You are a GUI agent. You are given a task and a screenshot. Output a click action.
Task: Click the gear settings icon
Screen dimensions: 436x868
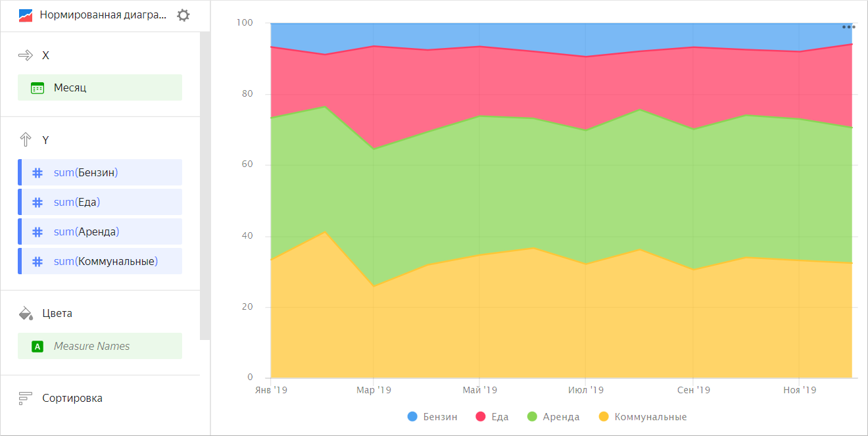pos(183,15)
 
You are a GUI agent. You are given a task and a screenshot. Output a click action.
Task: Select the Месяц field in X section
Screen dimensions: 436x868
pos(100,87)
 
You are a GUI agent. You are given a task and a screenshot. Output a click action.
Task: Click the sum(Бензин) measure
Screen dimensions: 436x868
pos(100,172)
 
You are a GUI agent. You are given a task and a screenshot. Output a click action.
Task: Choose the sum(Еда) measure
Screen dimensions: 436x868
pos(100,202)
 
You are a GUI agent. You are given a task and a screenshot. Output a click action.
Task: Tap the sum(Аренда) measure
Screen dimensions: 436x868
pos(100,231)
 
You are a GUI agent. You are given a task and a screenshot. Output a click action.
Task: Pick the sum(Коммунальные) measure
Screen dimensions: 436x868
pos(100,261)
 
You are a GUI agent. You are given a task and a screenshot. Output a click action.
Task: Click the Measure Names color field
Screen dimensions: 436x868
pos(100,346)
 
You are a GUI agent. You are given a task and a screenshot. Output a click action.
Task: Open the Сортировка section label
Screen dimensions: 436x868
pos(72,398)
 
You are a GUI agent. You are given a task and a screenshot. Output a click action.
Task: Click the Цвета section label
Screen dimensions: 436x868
pos(57,313)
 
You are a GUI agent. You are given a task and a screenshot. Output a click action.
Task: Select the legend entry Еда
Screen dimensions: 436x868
pos(495,416)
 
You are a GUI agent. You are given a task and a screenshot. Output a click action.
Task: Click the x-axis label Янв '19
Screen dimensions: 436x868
pos(270,390)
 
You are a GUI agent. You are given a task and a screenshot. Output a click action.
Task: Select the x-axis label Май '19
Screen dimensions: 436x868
pos(479,390)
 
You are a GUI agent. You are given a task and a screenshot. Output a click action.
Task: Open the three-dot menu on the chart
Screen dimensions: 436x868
pos(848,28)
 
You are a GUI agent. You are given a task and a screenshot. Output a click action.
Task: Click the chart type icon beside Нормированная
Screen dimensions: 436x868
pos(26,15)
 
